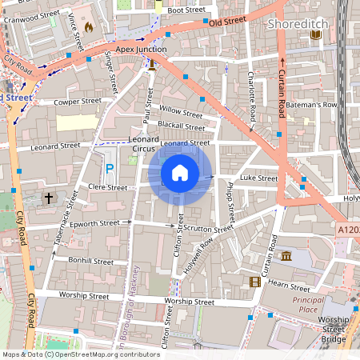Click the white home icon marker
click(180, 172)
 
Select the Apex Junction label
click(140, 49)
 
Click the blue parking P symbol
click(110, 168)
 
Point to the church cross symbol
click(48, 197)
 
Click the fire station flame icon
click(88, 26)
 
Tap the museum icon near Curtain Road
click(286, 256)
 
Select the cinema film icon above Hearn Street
click(255, 282)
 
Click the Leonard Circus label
click(144, 143)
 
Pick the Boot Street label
click(186, 10)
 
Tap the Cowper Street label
click(78, 102)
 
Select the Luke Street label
click(258, 178)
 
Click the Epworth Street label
click(94, 223)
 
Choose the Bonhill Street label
click(91, 261)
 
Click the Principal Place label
click(308, 303)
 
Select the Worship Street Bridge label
click(334, 329)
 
